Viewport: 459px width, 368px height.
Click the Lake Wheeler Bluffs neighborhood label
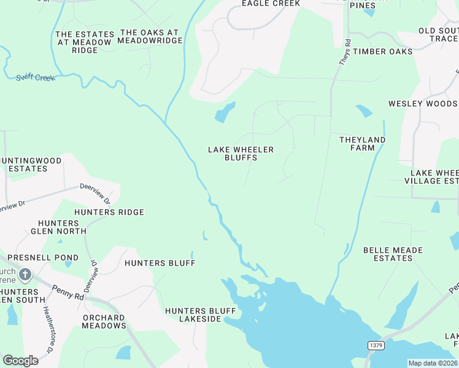[241, 153]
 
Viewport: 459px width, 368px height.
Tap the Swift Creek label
[36, 78]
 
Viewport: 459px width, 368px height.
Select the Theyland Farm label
[362, 144]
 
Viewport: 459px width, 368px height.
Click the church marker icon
[25, 274]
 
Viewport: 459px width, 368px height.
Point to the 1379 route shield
[376, 346]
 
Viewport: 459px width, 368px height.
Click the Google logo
[20, 361]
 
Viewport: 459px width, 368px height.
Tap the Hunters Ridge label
[109, 212]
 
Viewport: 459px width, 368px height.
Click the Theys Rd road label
[345, 53]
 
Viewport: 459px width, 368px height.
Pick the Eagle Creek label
[271, 4]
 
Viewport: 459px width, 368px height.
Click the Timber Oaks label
[382, 52]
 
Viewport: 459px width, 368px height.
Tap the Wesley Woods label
[423, 104]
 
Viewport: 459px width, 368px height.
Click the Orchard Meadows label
[104, 321]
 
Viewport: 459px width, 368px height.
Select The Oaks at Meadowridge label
[151, 36]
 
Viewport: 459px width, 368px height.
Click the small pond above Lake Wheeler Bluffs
[224, 112]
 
